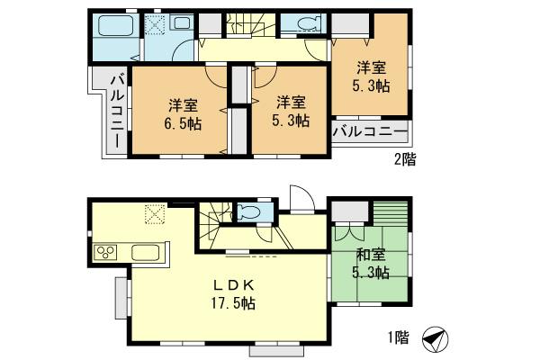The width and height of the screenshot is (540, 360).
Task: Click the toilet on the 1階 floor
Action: point(247,212)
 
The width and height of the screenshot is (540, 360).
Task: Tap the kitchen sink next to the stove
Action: point(144,251)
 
